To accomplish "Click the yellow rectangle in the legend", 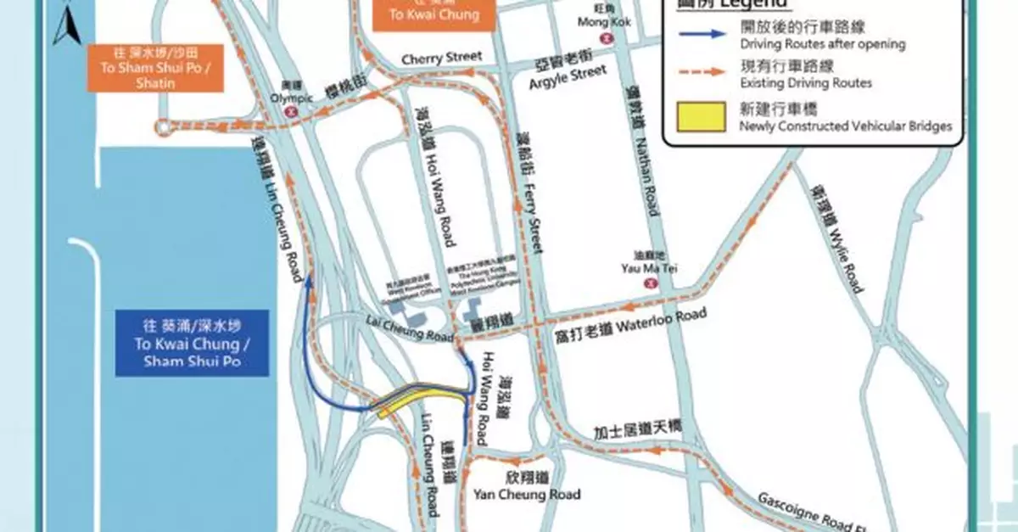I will click(700, 116).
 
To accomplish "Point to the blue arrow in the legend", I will click(701, 34).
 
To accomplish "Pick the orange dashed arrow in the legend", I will click(701, 72).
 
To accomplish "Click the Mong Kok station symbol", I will click(606, 38).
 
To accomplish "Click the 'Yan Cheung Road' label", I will click(527, 495).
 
